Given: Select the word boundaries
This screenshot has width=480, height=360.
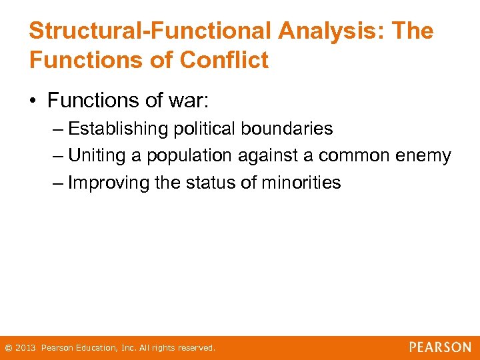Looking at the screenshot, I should click(x=291, y=128).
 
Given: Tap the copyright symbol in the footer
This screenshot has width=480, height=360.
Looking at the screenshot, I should click(x=8, y=348).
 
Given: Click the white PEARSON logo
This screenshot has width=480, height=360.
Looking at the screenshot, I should click(x=440, y=347).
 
